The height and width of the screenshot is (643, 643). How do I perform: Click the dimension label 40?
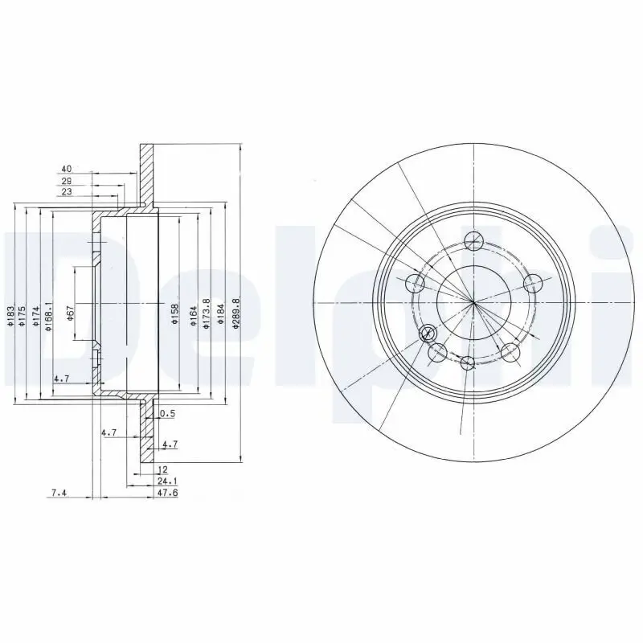tap(67, 169)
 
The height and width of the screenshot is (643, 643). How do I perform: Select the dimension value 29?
tap(67, 182)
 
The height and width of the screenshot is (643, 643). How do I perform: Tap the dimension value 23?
tap(67, 192)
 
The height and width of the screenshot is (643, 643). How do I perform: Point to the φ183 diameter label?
tap(11, 316)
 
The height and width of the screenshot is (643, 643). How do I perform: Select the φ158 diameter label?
tap(174, 313)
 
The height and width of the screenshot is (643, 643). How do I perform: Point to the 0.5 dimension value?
tap(167, 414)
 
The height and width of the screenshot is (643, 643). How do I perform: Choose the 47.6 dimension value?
tap(166, 494)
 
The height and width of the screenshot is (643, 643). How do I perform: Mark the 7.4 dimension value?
tap(57, 494)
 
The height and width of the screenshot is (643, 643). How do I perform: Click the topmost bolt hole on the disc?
tap(474, 240)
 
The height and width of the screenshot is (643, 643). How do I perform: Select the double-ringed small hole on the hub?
tap(428, 332)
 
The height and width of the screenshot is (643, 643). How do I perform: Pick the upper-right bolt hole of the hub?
tap(531, 283)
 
